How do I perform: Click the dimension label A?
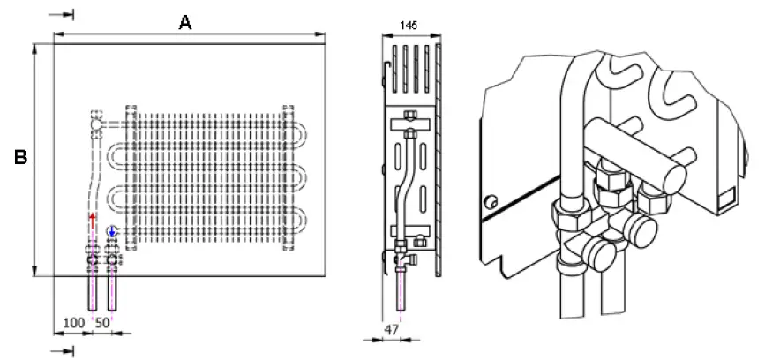pos(184,22)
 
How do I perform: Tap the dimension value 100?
pos(75,324)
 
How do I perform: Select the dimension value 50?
pos(102,324)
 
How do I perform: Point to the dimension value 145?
pos(409,26)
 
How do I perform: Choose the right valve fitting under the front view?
pos(112,259)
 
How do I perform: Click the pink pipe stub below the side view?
pos(401,291)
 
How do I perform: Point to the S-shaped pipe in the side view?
pos(405,185)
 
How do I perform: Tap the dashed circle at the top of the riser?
pos(95,131)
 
